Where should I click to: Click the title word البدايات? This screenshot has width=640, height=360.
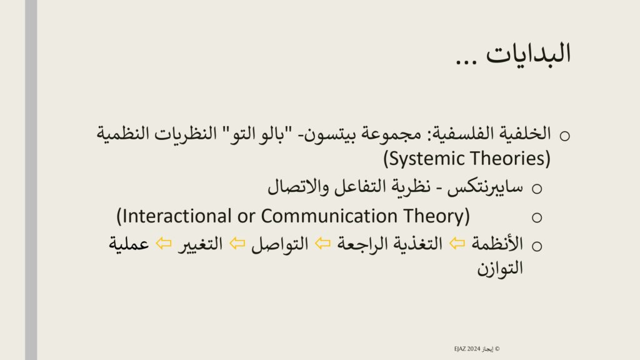pos(528,54)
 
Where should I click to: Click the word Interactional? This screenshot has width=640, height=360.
pos(174,216)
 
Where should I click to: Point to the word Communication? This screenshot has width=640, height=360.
pos(329,216)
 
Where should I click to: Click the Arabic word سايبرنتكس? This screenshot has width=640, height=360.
pos(485,187)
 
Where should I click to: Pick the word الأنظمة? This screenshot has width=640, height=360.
pos(497,244)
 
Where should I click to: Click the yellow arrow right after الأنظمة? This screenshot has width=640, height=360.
pos(457,244)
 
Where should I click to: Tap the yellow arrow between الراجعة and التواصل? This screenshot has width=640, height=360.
pos(323,244)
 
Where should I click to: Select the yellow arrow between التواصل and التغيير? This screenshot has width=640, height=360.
pos(237,244)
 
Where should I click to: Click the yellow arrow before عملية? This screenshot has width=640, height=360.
pos(164,244)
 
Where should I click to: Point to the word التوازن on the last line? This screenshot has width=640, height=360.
pos(500,269)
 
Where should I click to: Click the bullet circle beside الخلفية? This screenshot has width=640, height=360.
pos(565,136)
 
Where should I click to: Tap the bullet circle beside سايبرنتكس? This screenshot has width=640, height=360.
pos(537,189)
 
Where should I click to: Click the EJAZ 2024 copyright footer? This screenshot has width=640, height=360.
pos(477,349)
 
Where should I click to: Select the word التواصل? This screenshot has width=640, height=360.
pos(280,244)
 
